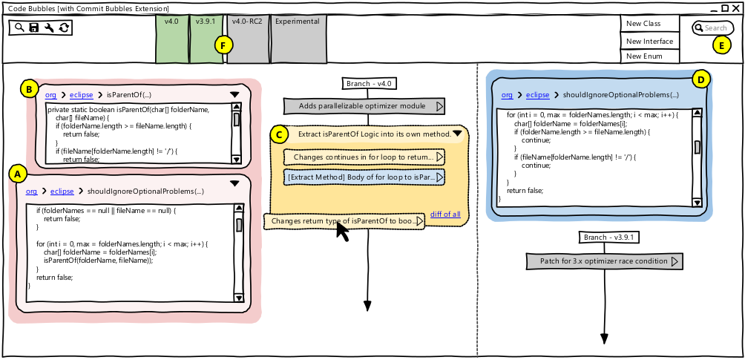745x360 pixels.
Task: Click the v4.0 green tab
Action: click(172, 39)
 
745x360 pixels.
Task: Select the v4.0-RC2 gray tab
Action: click(247, 39)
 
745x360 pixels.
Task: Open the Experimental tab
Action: click(298, 39)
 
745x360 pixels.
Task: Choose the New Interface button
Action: click(649, 41)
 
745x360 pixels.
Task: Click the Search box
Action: click(714, 28)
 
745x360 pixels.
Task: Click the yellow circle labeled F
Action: click(221, 45)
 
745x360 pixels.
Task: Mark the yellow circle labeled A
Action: click(17, 174)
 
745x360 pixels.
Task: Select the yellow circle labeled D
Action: click(701, 79)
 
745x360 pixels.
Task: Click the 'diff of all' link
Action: click(445, 215)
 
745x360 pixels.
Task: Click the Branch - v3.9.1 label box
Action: click(611, 238)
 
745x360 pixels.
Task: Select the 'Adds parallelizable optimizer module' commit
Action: click(364, 106)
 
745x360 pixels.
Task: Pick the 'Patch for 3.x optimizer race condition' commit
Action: click(603, 261)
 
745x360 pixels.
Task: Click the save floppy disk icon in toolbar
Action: click(34, 27)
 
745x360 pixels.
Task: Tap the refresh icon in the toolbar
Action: click(64, 27)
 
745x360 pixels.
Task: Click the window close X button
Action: click(735, 8)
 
